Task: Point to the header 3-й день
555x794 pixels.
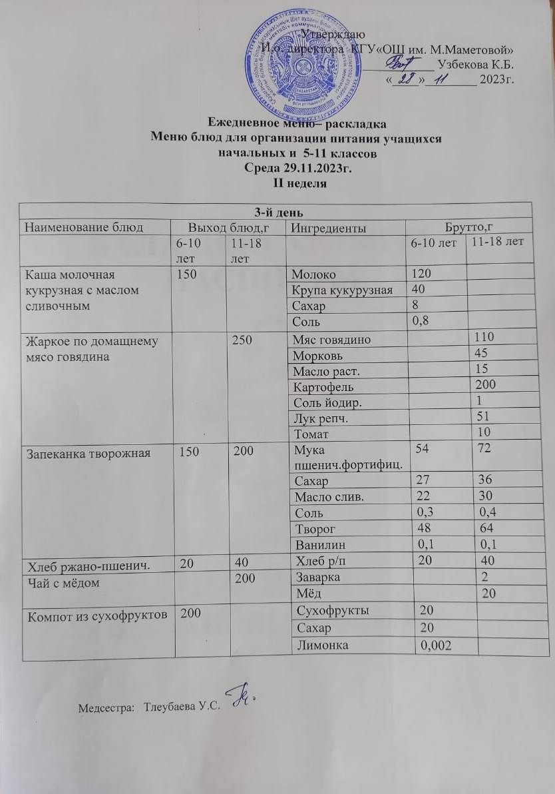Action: [277, 212]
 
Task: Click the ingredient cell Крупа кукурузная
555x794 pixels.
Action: [341, 290]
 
